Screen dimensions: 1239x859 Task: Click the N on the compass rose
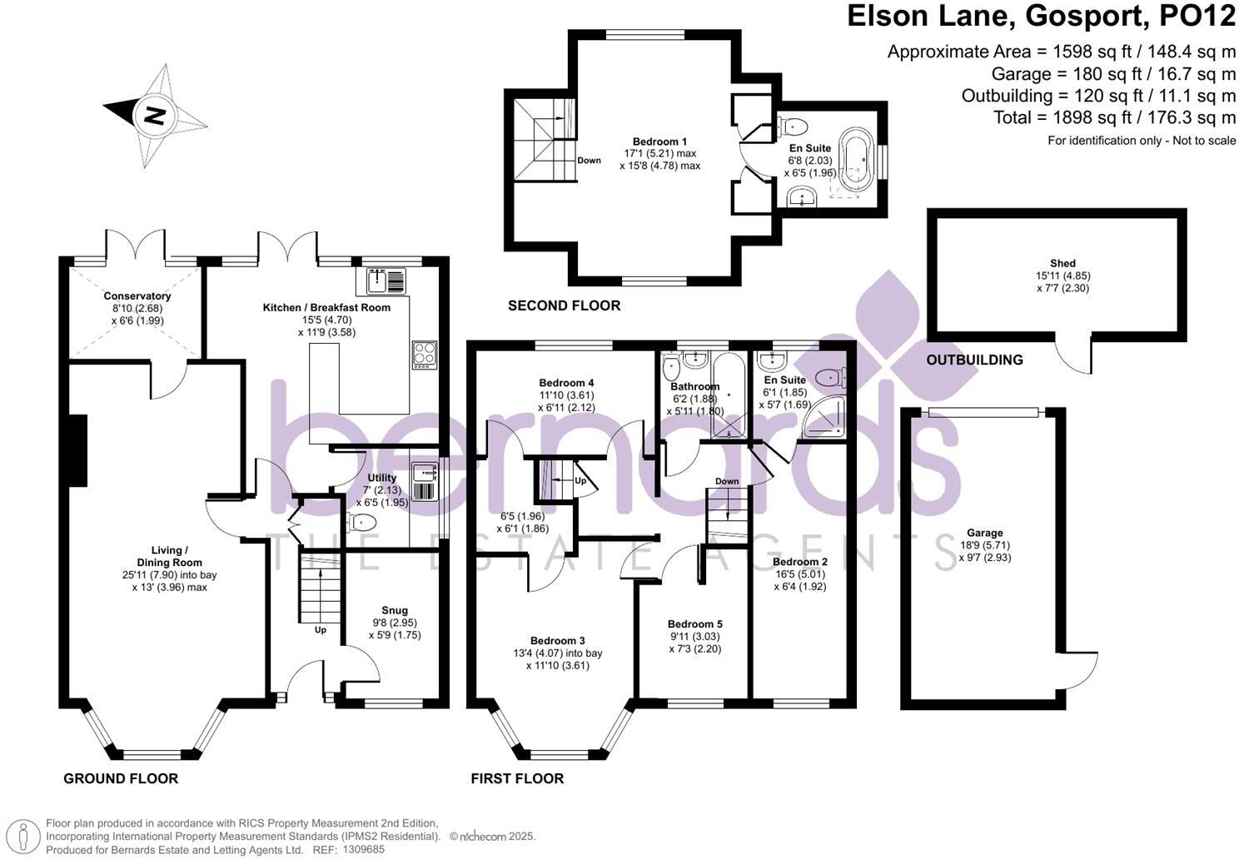tap(156, 116)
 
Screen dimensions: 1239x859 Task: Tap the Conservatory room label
tap(137, 295)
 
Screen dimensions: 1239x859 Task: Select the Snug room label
tap(395, 610)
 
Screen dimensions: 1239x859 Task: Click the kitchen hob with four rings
tap(425, 355)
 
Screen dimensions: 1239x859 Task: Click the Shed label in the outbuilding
tap(1062, 263)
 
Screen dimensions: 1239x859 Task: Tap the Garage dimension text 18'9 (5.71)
tap(984, 545)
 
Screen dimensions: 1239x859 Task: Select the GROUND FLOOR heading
tap(121, 778)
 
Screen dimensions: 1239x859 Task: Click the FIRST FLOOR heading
tap(517, 778)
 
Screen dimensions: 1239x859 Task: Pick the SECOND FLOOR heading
tap(565, 305)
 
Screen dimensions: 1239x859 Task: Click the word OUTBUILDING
tap(974, 360)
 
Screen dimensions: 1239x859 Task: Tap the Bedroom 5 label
tap(694, 624)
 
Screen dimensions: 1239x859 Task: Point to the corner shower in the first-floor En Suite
tap(824, 417)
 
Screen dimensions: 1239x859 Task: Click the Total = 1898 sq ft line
tap(1115, 117)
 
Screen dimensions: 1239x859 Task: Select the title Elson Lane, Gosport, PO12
tap(1042, 16)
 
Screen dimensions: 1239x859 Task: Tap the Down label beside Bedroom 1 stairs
tap(589, 161)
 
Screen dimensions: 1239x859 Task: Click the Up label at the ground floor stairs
tap(321, 630)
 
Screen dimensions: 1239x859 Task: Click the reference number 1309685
tap(364, 849)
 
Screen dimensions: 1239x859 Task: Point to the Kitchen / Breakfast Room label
tap(326, 307)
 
